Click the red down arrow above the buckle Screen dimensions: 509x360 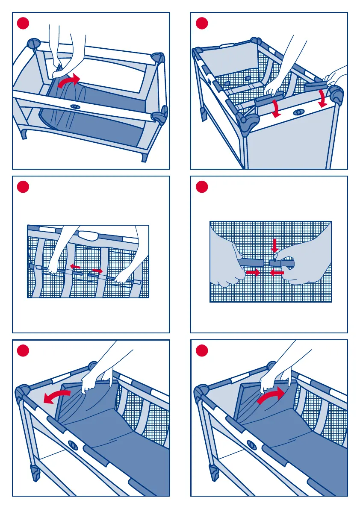point(274,245)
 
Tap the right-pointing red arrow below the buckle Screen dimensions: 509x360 point(253,273)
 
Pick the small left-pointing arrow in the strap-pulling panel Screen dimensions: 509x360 point(75,267)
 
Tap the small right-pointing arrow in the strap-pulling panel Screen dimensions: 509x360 point(97,271)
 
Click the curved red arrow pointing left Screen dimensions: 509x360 point(56,397)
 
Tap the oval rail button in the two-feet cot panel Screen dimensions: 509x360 point(75,106)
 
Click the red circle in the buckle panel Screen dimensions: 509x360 point(201,187)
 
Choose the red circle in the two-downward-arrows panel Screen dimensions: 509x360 point(201,23)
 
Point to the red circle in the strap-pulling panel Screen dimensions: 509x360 point(23,187)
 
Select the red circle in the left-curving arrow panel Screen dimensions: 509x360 point(23,351)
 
